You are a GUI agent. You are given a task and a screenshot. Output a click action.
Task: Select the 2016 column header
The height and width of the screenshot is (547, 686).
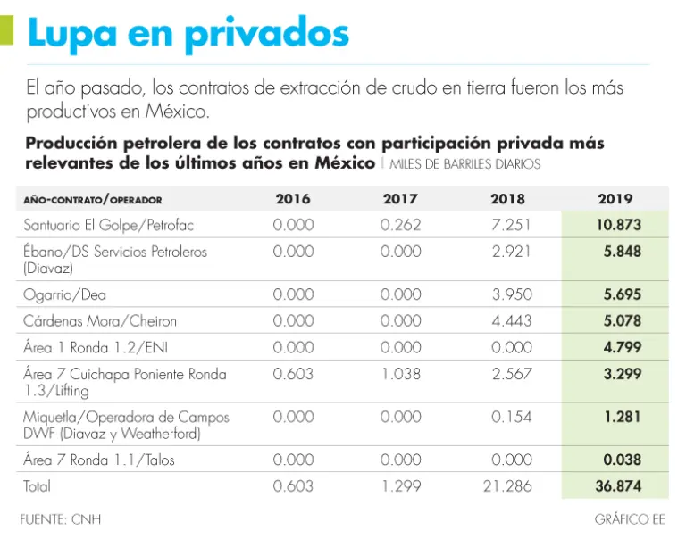[x=293, y=199]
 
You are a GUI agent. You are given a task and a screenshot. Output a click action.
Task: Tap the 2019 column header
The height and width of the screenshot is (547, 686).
[x=615, y=199]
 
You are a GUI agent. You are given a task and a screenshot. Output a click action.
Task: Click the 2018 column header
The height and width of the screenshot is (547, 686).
[x=507, y=199]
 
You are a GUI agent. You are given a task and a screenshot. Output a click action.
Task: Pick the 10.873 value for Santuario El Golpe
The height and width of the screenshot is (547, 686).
[x=618, y=225]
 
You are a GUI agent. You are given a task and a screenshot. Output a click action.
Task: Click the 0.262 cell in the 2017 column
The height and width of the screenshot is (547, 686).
[x=400, y=225]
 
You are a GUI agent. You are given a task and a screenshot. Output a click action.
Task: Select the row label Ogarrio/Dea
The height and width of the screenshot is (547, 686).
[x=65, y=294]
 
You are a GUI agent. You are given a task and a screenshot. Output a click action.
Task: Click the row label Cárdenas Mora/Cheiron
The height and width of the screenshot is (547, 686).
[x=100, y=321]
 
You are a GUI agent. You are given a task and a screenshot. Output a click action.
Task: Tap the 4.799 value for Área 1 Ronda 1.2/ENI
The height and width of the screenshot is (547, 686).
[x=622, y=347]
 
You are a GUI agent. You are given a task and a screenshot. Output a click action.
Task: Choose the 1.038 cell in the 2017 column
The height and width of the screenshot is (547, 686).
[x=400, y=374]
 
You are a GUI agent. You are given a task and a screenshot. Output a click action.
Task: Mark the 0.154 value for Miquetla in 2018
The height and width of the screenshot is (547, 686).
[x=511, y=417]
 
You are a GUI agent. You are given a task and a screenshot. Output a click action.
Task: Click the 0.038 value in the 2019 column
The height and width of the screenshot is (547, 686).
[x=622, y=460]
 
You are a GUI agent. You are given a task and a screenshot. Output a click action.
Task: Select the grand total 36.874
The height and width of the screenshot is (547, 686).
[x=618, y=486]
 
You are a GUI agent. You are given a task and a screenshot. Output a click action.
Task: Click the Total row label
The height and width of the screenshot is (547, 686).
[x=38, y=486]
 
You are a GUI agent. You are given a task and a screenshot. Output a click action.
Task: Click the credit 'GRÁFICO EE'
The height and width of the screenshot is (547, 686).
[x=629, y=518]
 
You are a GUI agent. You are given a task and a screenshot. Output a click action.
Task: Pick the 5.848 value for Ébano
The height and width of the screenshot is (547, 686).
[x=622, y=252]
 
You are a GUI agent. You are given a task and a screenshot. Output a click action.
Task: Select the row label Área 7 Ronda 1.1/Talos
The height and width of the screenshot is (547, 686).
[x=99, y=460]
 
